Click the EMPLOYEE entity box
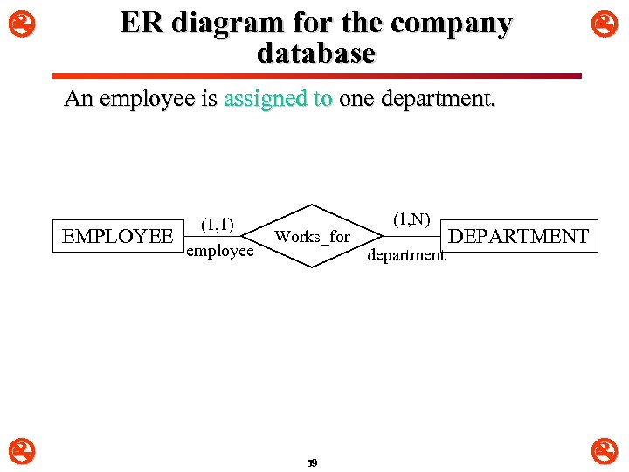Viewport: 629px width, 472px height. pos(118,236)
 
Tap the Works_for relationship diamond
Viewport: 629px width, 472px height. pos(312,236)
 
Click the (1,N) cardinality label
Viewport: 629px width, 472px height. pos(411,219)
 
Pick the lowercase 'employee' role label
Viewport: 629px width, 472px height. pos(219,251)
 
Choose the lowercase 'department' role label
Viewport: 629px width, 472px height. pos(406,255)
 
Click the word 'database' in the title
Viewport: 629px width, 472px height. pos(316,53)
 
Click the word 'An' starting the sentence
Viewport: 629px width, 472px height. pos(79,99)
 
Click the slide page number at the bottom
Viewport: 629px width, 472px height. pos(312,462)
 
